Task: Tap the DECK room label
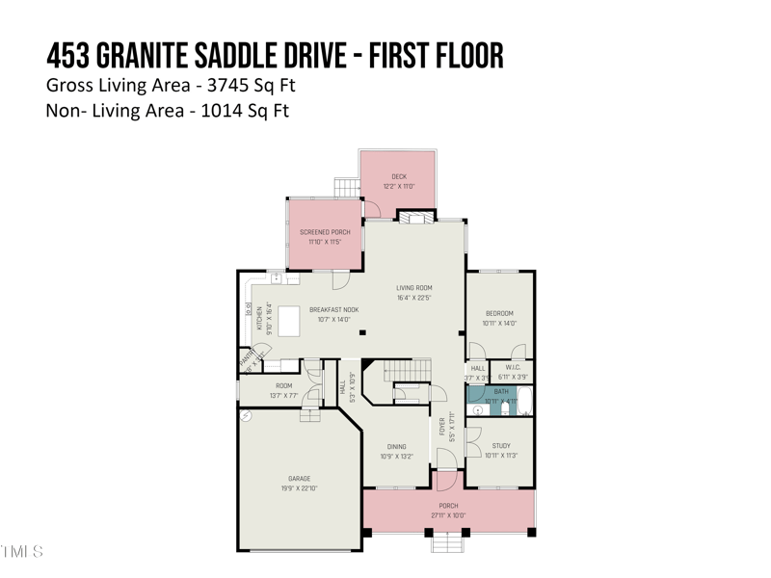click(x=399, y=176)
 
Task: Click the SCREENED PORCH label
click(x=325, y=232)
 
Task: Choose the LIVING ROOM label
click(x=414, y=287)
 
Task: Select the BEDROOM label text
click(x=499, y=313)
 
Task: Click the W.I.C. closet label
click(x=513, y=367)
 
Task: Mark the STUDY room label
click(x=501, y=446)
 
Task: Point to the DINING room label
click(x=396, y=447)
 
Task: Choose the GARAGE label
click(x=299, y=478)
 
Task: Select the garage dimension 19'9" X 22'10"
click(x=299, y=488)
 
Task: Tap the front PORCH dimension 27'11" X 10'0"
click(x=448, y=515)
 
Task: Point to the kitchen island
click(x=288, y=325)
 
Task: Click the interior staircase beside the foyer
click(x=402, y=370)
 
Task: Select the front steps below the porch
click(x=448, y=543)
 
